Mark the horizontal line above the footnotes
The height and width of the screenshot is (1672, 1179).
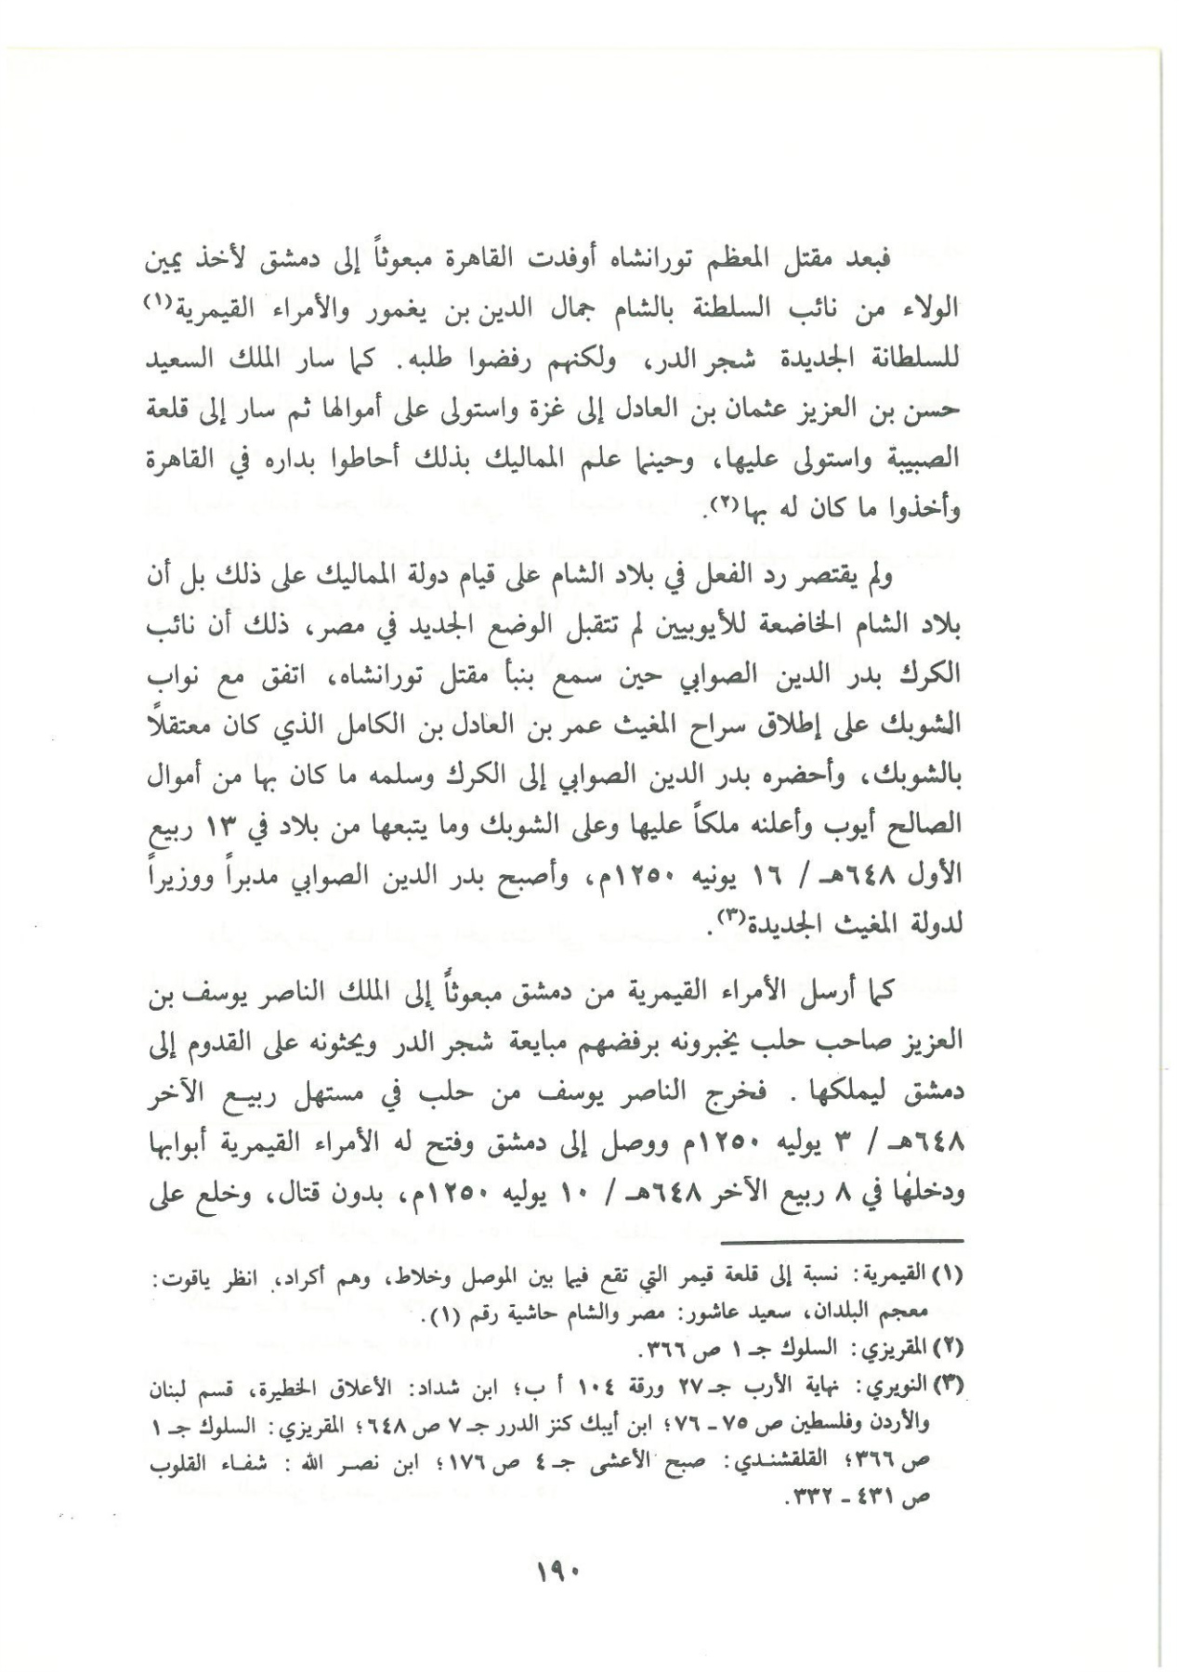tap(843, 1241)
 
